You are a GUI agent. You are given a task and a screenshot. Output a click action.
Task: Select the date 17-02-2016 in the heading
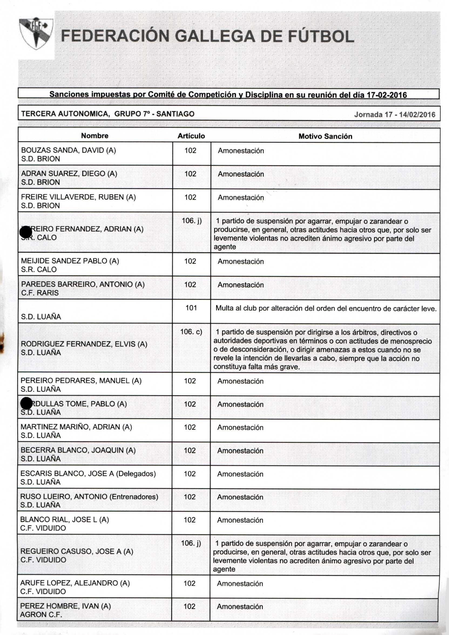click(x=386, y=95)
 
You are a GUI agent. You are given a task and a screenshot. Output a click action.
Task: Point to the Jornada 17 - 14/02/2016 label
click(x=395, y=114)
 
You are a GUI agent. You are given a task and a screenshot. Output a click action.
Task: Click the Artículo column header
click(x=191, y=136)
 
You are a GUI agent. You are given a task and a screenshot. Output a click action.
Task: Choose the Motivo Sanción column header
click(x=325, y=136)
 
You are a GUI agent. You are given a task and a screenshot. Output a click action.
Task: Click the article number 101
click(x=191, y=308)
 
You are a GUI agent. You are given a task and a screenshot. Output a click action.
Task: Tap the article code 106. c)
click(x=191, y=332)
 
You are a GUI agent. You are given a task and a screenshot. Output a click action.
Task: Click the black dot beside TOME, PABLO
click(x=26, y=403)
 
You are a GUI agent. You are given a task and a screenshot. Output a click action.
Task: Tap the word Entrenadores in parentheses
click(x=134, y=497)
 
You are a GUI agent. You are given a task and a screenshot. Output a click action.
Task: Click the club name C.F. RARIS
click(x=40, y=293)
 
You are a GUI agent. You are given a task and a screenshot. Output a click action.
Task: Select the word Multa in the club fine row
click(x=225, y=308)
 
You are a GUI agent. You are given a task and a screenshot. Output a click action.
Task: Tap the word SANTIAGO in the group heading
click(x=175, y=114)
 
